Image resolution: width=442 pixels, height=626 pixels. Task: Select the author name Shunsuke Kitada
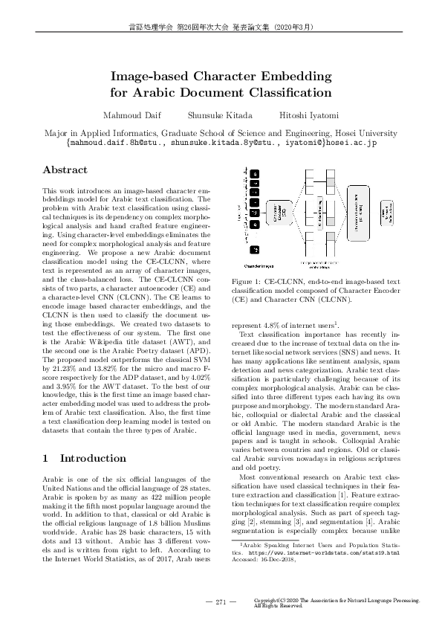[221, 115]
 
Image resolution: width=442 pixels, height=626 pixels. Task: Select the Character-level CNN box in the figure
[356, 216]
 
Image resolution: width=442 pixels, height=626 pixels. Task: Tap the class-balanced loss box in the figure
[387, 214]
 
